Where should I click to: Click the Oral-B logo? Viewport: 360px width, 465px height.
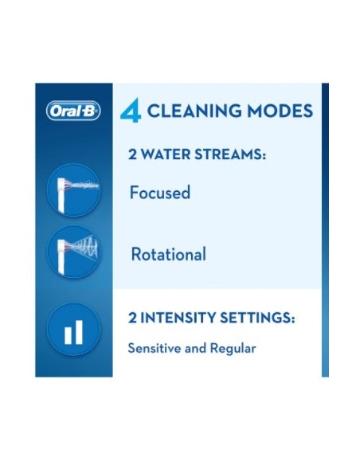pos(74,112)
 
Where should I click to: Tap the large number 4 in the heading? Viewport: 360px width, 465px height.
pos(130,111)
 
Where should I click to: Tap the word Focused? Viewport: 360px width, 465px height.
pos(160,193)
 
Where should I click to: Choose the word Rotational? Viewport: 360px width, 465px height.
pos(168,255)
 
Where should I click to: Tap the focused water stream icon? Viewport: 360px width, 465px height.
pos(73,191)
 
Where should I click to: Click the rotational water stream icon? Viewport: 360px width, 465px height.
pos(73,253)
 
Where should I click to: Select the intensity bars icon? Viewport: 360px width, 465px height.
pos(73,329)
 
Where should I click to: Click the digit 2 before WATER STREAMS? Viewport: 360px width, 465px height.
pos(133,154)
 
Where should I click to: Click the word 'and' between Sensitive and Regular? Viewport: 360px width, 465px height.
pos(197,349)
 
